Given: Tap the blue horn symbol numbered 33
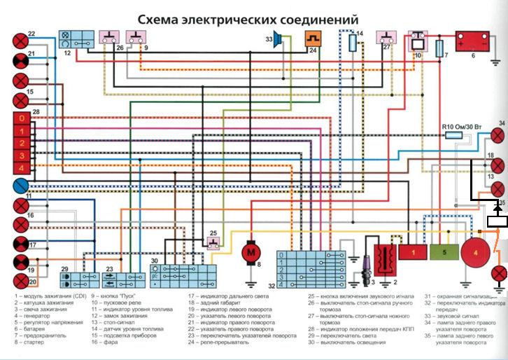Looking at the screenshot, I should click(278, 39).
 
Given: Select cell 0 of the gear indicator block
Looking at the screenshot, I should click(22, 118).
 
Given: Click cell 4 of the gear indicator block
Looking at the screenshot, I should click(22, 168).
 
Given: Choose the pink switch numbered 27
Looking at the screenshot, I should click(386, 37).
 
